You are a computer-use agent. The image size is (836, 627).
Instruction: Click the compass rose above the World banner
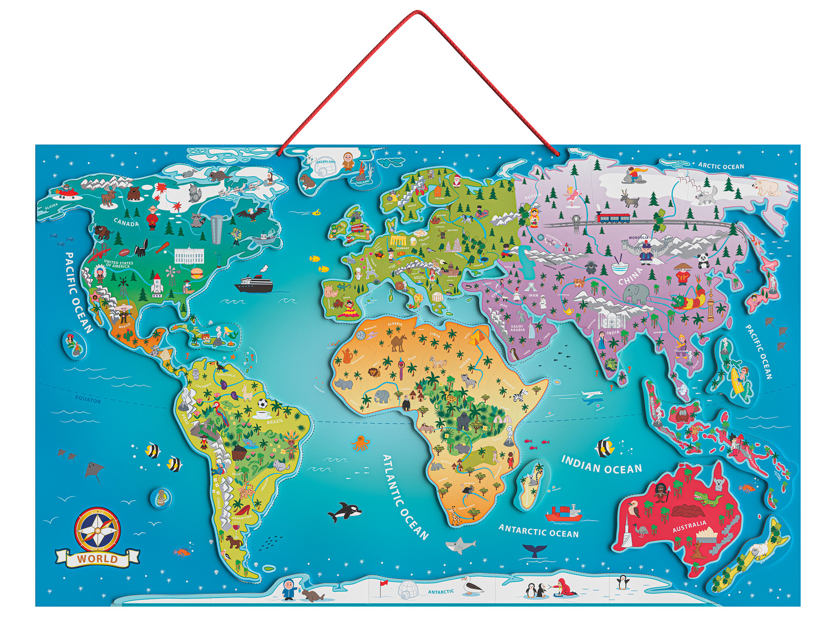pyautogui.click(x=97, y=528)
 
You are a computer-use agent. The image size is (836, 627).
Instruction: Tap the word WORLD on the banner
pyautogui.click(x=98, y=558)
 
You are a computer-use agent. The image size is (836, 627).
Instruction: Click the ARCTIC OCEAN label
pyautogui.click(x=721, y=166)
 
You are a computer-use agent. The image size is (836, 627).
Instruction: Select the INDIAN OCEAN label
pyautogui.click(x=601, y=465)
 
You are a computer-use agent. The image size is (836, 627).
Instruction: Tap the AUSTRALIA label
pyautogui.click(x=689, y=526)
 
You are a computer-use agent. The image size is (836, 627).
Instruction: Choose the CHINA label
pyautogui.click(x=630, y=275)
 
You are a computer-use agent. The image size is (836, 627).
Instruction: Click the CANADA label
pyautogui.click(x=127, y=223)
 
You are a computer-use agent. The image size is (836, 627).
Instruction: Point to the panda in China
pyautogui.click(x=703, y=260)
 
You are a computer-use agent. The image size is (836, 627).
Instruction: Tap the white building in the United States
pyautogui.click(x=189, y=256)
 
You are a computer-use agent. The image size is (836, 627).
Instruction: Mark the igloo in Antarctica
pyautogui.click(x=408, y=590)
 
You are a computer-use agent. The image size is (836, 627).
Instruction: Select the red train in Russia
pyautogui.click(x=613, y=217)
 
